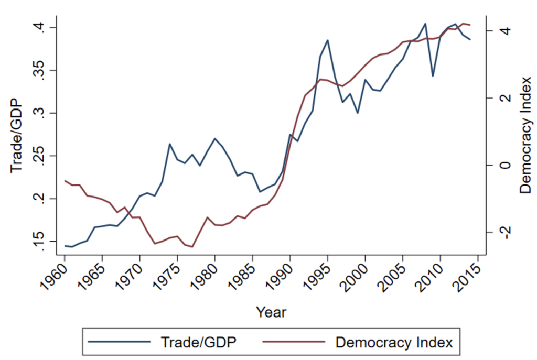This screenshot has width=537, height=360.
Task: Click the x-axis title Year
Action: click(271, 312)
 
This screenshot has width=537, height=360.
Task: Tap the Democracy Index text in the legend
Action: click(394, 343)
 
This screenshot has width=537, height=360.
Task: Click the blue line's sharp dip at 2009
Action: click(433, 76)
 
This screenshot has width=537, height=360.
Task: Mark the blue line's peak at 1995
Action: click(327, 40)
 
